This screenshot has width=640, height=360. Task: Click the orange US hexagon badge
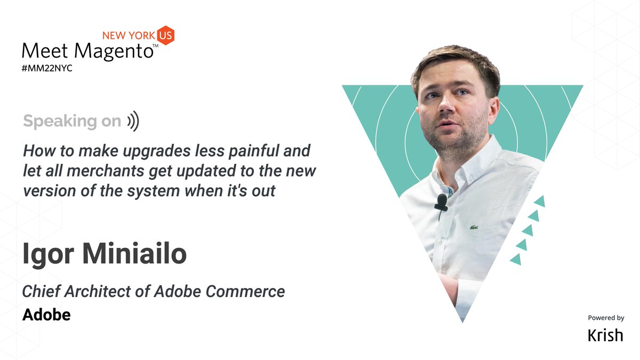point(165,35)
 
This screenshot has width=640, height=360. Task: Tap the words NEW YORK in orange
point(128,36)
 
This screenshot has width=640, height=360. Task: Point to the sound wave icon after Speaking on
point(133,122)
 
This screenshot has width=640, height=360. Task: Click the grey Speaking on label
point(72,122)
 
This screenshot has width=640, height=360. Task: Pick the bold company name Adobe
point(46,315)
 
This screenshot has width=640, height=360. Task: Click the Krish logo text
point(605,335)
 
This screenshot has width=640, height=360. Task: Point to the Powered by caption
point(606,318)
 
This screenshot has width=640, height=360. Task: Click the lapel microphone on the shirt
point(441,202)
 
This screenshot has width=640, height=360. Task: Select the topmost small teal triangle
point(539,202)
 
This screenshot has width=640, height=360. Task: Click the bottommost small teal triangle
point(516,259)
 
